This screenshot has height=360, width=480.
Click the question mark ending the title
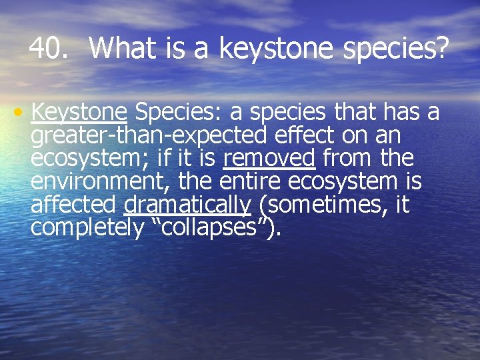(x=443, y=48)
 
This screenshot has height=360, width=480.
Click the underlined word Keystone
(x=79, y=113)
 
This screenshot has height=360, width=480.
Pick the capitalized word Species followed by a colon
(x=175, y=113)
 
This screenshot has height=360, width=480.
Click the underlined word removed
(x=269, y=159)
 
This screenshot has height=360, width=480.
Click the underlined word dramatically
(x=187, y=205)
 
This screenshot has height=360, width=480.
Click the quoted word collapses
(x=211, y=227)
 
